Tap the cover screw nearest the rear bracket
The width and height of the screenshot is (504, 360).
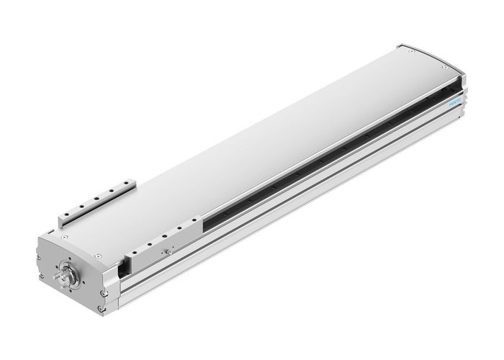[x=63, y=234]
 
